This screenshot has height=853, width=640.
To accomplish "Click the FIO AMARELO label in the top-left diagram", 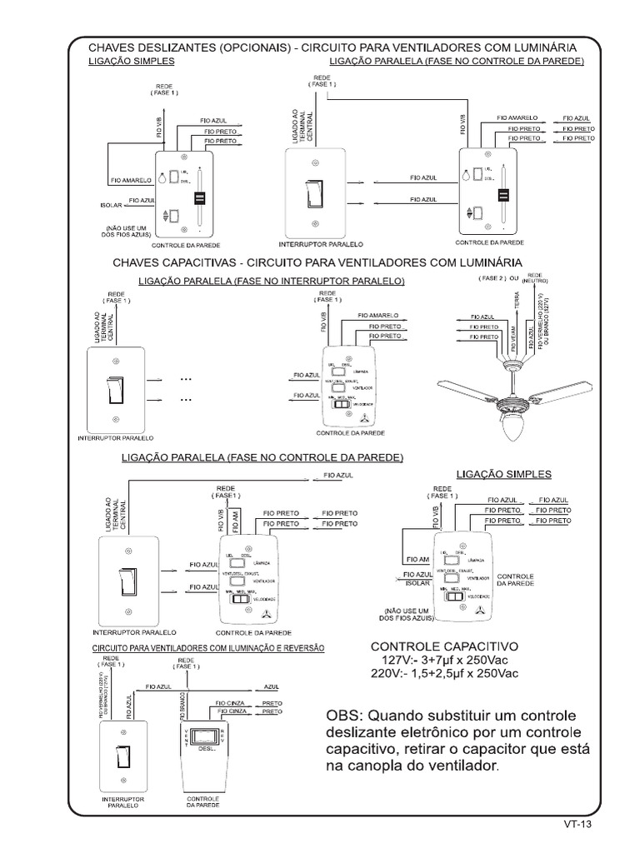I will click(129, 179).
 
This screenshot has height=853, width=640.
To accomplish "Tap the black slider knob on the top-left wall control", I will click(200, 198).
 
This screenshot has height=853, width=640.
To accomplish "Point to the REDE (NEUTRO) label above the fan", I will click(535, 277).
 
